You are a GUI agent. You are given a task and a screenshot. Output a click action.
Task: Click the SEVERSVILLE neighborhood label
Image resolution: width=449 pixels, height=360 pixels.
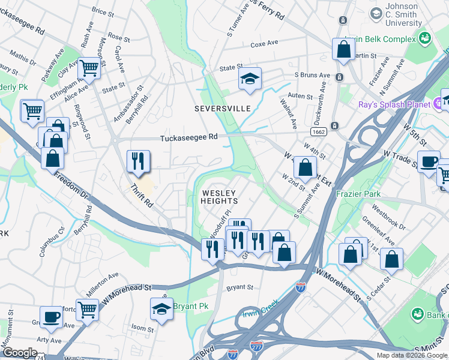click(222, 109)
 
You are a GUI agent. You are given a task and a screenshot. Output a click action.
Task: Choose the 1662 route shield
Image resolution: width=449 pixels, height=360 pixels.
click(319, 131)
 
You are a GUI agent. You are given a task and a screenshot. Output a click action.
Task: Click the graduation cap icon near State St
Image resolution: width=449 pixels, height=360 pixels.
click(250, 79)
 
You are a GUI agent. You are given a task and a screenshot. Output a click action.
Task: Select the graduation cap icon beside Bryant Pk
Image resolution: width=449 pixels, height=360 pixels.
click(161, 308)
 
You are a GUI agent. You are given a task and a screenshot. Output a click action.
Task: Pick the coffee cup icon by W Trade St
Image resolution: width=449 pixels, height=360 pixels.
click(429, 161)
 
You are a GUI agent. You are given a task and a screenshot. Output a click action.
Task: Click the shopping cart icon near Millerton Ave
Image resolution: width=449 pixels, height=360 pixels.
click(87, 310)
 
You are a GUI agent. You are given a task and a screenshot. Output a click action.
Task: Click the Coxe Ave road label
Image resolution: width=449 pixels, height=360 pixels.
click(264, 44)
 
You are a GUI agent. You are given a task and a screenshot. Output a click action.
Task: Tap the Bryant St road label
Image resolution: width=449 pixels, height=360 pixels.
click(240, 287)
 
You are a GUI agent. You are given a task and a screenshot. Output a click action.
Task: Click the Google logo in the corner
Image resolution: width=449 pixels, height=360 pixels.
click(20, 353)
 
